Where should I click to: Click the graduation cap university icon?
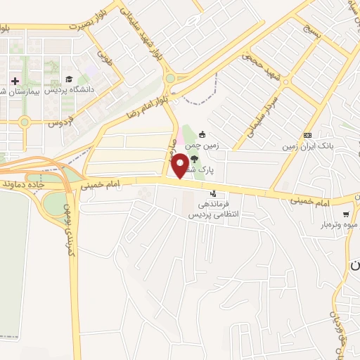point(69,79)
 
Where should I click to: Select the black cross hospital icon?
point(15,81)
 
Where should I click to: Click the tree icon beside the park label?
point(214,158)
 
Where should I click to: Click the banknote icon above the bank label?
point(307,136)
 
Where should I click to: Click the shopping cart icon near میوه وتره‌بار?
point(345,214)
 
